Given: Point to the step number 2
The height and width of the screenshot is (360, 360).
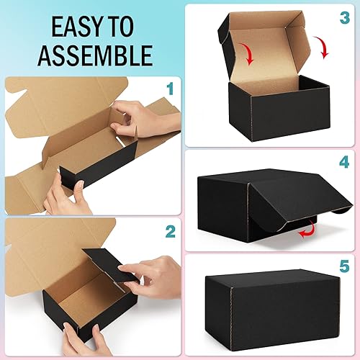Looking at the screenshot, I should [x=170, y=232].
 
